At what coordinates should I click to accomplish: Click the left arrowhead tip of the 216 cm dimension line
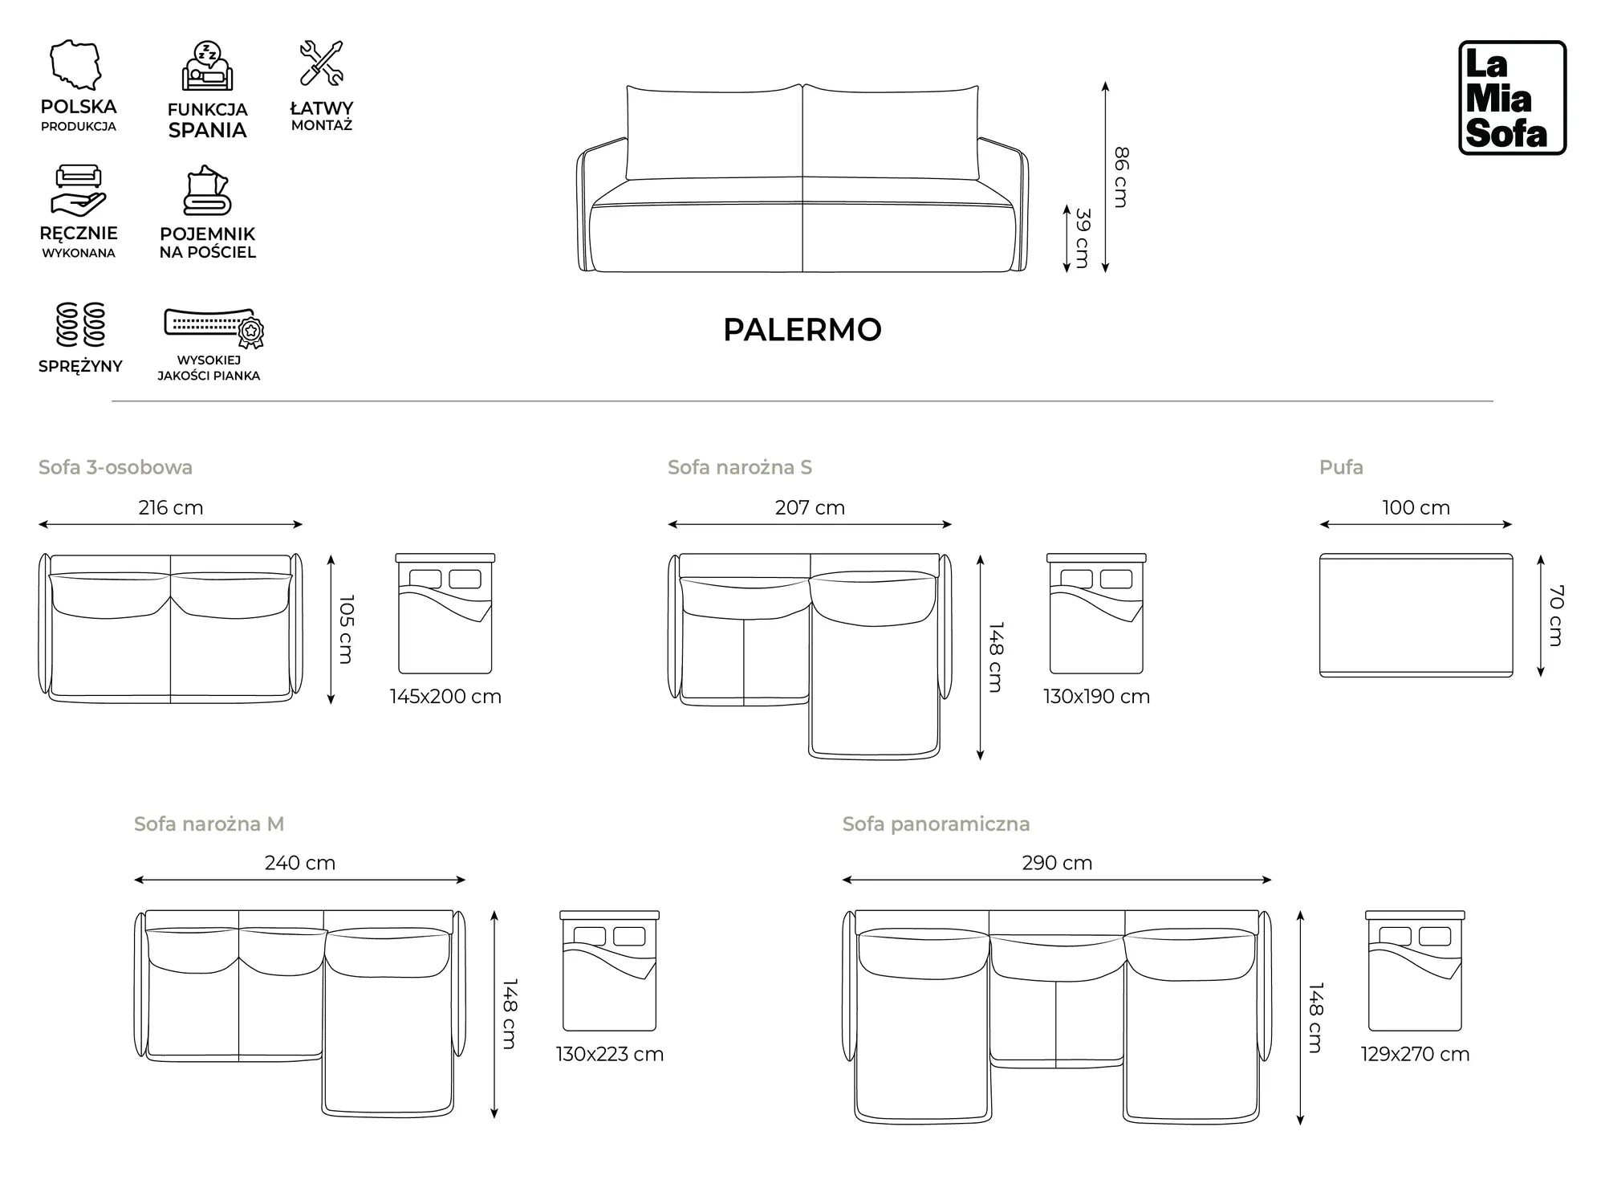pos(39,525)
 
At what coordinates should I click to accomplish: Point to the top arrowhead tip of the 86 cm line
pos(1105,82)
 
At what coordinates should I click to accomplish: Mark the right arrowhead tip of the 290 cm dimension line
pos(1272,880)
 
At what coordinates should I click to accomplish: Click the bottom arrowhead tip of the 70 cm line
pos(1541,677)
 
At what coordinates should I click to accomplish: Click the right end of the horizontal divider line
pos(1493,401)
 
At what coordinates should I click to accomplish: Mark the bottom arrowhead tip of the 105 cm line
pos(331,705)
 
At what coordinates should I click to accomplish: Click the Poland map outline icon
pos(76,65)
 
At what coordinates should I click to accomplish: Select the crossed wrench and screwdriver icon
pos(322,63)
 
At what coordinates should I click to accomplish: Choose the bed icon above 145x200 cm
pos(445,613)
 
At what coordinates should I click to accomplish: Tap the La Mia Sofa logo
pos(1513,98)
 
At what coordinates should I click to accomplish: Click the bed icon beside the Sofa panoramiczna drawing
pos(1415,970)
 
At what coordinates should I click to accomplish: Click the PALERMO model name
pos(802,330)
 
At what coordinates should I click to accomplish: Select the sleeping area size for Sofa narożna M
pos(610,1054)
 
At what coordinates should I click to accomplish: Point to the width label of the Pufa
pos(1416,508)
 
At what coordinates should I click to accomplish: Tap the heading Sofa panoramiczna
pos(936,824)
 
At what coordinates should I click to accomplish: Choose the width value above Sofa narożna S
pos(810,508)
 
